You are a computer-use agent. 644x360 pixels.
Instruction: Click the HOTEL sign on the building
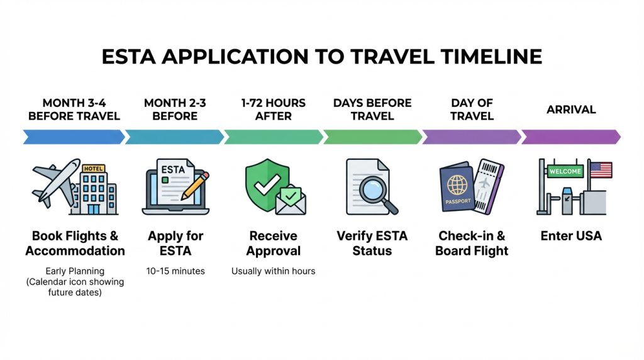click(94, 168)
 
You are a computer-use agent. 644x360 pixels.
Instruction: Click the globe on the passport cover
click(456, 184)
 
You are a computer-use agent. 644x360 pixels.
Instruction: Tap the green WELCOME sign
click(565, 171)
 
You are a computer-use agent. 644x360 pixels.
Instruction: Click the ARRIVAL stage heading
click(571, 110)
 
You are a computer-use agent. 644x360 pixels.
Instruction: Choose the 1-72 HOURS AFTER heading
click(274, 110)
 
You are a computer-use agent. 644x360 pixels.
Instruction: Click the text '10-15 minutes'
click(175, 271)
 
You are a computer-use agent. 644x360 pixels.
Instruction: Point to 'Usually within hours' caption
click(274, 271)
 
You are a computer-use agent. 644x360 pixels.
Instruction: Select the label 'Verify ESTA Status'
click(372, 244)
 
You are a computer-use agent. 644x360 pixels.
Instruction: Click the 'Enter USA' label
click(571, 236)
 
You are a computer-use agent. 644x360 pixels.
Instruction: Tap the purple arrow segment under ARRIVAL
click(570, 137)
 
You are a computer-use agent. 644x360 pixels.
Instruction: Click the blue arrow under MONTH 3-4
click(74, 137)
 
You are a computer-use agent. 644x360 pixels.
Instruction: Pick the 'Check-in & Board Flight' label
click(472, 244)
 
